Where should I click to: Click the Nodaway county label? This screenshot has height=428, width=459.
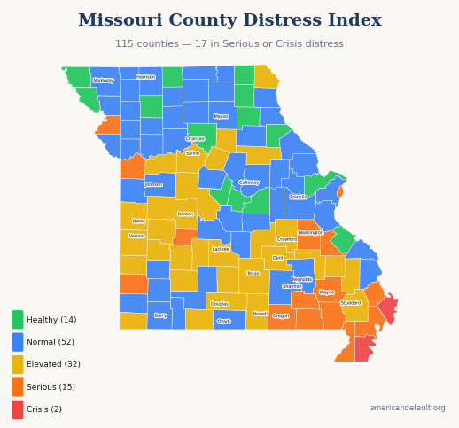[103, 81]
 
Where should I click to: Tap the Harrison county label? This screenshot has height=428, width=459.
[145, 77]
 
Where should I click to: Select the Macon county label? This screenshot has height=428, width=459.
[221, 116]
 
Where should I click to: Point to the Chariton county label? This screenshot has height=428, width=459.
[195, 139]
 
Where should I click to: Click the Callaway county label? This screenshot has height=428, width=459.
[249, 183]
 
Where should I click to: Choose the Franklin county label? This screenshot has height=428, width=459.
[299, 198]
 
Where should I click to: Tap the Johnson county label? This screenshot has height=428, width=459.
[153, 185]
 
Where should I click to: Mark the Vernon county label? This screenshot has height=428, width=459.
[136, 237]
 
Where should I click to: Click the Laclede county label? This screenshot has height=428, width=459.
[221, 249]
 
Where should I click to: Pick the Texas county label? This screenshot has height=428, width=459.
[253, 274]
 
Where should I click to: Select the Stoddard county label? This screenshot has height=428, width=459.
[351, 303]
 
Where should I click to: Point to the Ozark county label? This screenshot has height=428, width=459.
[223, 322]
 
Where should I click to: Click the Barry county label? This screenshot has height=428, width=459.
[160, 315]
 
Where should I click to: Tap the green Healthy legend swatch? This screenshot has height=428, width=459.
[18, 320]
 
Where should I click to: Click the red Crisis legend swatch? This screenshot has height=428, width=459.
[18, 409]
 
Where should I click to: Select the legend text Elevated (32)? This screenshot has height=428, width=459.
[53, 364]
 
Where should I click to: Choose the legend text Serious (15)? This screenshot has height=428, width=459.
[51, 387]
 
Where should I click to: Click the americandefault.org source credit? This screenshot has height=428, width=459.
[408, 408]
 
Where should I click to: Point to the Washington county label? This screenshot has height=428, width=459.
[311, 233]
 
